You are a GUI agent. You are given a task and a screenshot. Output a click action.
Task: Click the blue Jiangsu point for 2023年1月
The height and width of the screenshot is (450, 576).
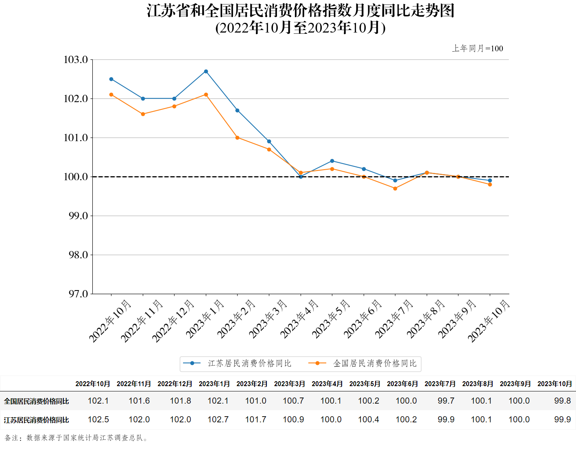click(206, 72)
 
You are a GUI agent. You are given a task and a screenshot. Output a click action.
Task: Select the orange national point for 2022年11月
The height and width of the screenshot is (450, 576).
click(143, 114)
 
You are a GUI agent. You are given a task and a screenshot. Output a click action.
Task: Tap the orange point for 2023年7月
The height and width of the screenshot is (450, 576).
click(395, 188)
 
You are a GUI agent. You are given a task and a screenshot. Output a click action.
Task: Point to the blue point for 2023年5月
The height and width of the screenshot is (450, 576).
click(332, 161)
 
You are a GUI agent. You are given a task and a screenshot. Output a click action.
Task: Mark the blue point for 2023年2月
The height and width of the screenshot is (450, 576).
click(238, 110)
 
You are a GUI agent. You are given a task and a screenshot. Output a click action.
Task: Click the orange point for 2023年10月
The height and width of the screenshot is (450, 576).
click(490, 185)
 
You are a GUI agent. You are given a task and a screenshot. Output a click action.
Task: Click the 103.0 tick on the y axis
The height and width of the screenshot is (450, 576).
click(76, 60)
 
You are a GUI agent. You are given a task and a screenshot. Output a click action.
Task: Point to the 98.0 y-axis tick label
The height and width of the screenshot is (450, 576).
click(78, 255)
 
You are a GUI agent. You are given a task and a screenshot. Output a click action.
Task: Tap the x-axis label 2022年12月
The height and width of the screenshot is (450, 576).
click(173, 321)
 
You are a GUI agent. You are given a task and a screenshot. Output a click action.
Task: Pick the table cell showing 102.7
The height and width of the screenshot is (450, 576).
click(218, 419)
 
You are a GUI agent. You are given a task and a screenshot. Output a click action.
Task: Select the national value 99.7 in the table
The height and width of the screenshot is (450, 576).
click(446, 401)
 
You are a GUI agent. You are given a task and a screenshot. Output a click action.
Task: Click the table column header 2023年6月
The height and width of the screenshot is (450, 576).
click(402, 384)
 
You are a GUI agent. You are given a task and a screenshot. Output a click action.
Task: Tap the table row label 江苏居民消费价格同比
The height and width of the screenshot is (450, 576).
click(37, 420)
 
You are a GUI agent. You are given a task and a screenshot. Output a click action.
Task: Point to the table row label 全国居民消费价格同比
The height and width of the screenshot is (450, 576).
click(37, 401)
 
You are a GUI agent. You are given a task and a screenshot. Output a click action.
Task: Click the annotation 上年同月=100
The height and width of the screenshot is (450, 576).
click(478, 48)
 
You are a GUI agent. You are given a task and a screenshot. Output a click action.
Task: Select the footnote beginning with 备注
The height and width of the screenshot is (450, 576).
click(76, 438)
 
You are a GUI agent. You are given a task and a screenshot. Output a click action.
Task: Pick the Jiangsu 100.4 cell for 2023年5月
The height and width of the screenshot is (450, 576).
click(369, 419)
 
